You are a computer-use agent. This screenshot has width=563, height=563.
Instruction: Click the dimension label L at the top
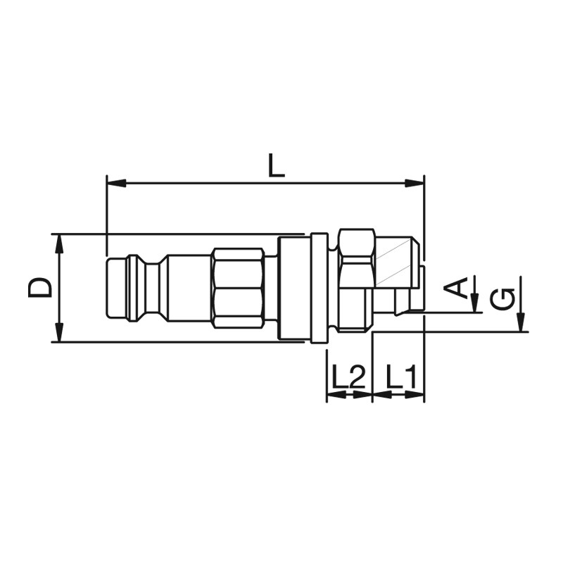[x=277, y=165]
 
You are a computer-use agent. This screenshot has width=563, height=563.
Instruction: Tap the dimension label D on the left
[x=39, y=288]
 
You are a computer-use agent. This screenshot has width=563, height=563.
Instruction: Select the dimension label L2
[x=348, y=377]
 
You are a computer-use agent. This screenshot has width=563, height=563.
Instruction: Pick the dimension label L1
[x=401, y=377]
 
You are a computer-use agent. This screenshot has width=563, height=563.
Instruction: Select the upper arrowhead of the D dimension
[x=60, y=244]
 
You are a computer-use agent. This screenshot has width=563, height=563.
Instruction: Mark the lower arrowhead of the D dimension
[x=60, y=332]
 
